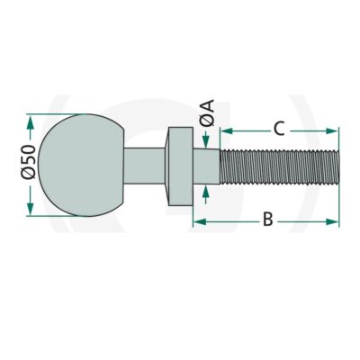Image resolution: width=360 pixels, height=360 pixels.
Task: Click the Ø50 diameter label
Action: tap(29, 162)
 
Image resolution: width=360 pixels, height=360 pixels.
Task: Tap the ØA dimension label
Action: tap(207, 113)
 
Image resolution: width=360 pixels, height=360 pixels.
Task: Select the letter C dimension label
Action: tap(279, 129)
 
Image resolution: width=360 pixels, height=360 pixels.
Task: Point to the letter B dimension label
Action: tap(268, 219)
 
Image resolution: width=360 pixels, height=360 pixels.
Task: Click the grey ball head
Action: tap(81, 165)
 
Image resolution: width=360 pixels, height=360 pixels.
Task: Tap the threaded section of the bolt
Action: tap(280, 166)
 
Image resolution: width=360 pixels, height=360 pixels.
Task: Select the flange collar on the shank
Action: tap(179, 166)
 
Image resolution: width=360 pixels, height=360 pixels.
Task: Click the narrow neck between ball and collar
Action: tap(145, 166)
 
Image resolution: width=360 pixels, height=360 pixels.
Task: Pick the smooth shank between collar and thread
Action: tap(206, 166)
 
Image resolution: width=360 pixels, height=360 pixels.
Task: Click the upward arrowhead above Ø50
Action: tap(30, 122)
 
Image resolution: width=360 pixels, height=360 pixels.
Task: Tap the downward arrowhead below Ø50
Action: tap(30, 208)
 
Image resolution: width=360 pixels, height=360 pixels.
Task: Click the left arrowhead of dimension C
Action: tap(227, 130)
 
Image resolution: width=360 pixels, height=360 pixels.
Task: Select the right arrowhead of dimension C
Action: tap(332, 130)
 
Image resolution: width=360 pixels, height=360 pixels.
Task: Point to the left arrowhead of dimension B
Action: tap(199, 221)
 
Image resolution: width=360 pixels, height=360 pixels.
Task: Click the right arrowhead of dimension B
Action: tap(332, 221)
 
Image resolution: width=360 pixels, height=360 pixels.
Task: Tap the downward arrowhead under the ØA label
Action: tap(205, 141)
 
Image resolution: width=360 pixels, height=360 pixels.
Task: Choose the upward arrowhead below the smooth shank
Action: tap(205, 192)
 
